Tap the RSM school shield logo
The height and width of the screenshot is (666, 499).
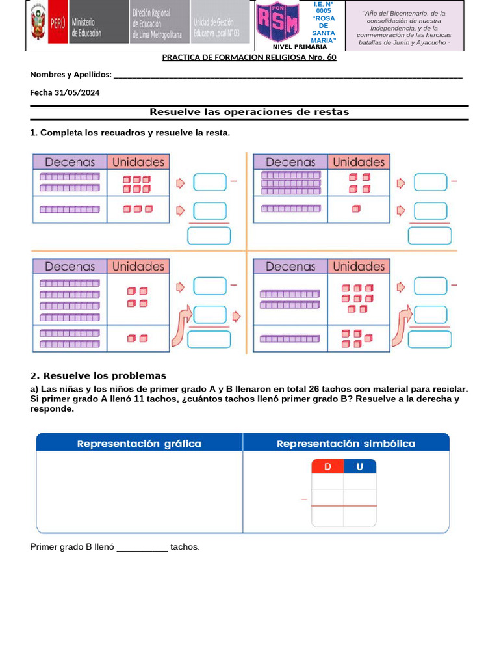(x=278, y=23)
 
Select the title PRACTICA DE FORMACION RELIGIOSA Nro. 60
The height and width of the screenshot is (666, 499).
(x=249, y=57)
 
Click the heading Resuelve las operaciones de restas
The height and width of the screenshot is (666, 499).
(x=249, y=113)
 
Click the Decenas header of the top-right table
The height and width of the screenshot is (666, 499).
(x=290, y=162)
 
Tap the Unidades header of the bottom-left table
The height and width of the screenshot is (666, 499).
(x=138, y=266)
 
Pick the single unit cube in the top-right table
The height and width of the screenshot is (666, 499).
(x=355, y=209)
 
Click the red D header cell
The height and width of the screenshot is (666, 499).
(x=327, y=466)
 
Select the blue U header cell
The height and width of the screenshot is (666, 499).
(x=360, y=466)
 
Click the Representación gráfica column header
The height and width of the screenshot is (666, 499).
(x=139, y=444)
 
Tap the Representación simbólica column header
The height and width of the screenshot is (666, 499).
(x=346, y=444)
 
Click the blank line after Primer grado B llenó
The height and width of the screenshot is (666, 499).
(x=142, y=548)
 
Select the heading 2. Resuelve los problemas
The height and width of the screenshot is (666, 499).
(x=98, y=376)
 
